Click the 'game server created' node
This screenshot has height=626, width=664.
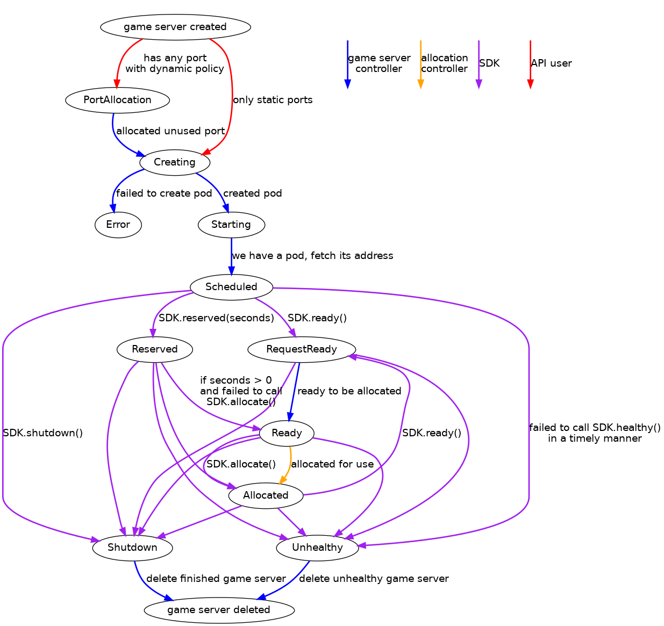pos(175,27)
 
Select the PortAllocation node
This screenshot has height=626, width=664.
pos(117,100)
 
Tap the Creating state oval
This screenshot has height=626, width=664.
pos(174,162)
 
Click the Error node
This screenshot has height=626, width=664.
pos(118,225)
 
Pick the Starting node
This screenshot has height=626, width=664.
pos(231,225)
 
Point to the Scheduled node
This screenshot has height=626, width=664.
pos(231,287)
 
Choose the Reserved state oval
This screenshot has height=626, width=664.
pos(154,349)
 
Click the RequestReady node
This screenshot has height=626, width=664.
pos(302,349)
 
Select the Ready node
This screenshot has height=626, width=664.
pos(287,433)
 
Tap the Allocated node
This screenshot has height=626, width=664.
pos(266,495)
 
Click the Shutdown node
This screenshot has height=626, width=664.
pos(132,548)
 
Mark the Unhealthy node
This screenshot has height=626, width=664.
pos(317,548)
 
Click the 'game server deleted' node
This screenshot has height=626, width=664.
pos(219,610)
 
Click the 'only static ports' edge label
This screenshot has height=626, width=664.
pos(273,100)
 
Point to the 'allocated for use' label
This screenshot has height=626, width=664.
pos(332,464)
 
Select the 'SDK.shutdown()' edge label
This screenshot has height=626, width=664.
pos(43,433)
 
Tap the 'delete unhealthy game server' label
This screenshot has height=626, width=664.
pos(374,579)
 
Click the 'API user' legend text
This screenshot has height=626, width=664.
pos(551,63)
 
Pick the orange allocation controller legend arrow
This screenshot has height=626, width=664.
pos(420,63)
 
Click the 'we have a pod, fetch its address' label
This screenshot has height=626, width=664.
pos(312,256)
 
